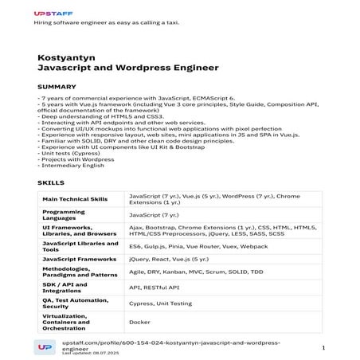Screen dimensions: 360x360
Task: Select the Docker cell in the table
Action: point(138,322)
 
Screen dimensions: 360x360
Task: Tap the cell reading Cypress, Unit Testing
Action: point(160,303)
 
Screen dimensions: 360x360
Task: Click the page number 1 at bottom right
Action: point(323,348)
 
